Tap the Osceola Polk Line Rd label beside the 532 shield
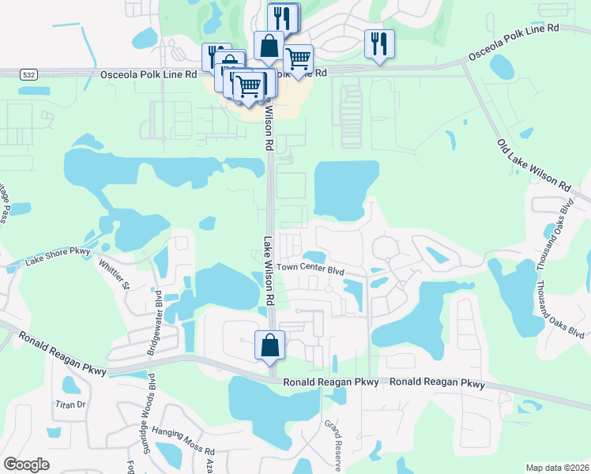148,74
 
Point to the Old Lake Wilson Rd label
533,165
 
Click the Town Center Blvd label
311,270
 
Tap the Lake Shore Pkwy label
58,256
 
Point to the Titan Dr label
70,404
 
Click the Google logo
27,465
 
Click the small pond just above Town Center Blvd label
314,257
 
